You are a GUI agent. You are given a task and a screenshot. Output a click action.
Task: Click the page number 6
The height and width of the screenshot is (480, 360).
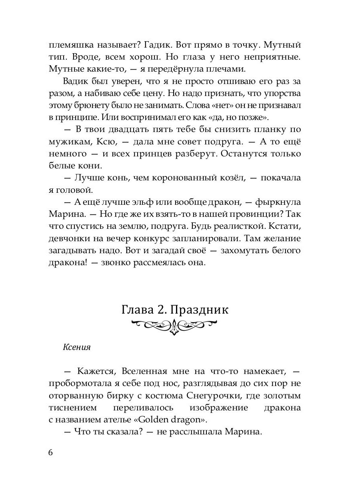click(50, 453)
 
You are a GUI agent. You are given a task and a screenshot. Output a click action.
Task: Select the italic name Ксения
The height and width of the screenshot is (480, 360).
click(77, 347)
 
